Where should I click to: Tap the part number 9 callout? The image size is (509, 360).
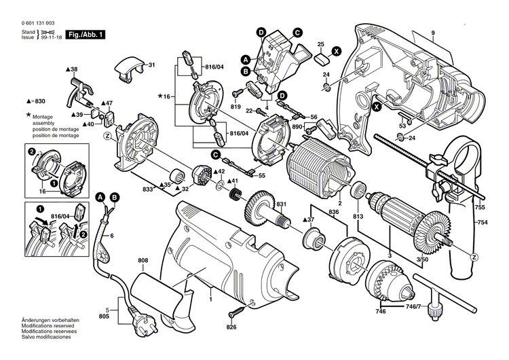pos(432,34)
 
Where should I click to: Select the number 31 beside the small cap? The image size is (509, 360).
pos(151,65)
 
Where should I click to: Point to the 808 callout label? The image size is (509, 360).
pos(143,260)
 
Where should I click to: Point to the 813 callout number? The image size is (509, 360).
pos(358,218)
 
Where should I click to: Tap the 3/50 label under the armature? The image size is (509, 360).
pos(422,260)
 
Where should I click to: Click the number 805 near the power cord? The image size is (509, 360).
pos(104,316)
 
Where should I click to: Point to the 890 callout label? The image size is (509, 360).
pos(296,127)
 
